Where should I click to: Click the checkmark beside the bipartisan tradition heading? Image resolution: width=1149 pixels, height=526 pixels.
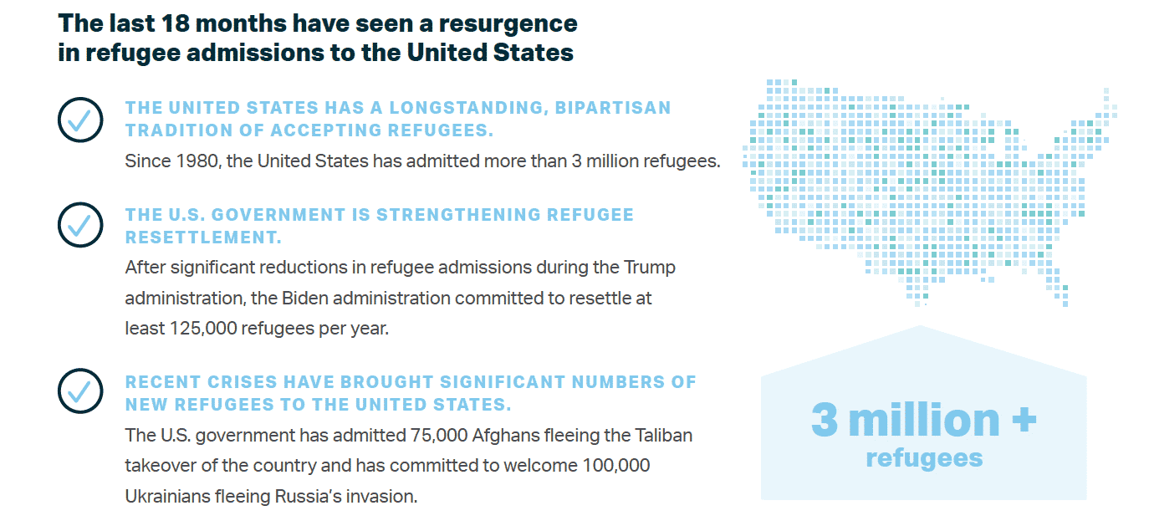pos(80,120)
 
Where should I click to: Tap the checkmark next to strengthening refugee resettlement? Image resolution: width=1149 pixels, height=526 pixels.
pos(80,225)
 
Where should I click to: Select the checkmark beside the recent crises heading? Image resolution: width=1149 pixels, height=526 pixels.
pos(80,391)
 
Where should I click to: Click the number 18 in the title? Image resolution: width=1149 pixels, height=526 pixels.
pos(175,23)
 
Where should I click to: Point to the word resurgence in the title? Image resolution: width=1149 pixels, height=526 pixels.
pos(508,24)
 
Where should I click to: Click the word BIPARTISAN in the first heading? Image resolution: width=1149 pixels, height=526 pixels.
pos(613,108)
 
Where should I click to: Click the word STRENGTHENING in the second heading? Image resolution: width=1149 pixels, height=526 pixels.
pos(458,215)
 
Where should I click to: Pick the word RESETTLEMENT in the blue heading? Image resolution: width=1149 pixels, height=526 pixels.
pos(203,237)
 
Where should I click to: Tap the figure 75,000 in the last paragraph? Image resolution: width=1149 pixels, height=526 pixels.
pos(438,436)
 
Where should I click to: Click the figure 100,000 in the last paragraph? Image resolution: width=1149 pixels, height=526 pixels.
pos(616,466)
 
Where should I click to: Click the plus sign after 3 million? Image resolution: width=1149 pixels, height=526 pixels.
pos(1024,420)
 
